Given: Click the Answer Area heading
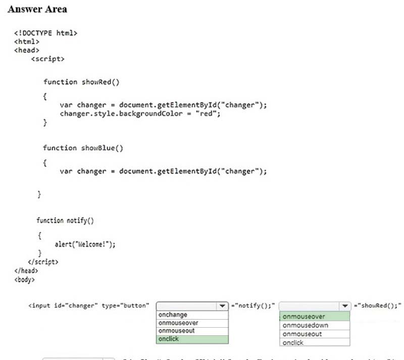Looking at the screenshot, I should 37,10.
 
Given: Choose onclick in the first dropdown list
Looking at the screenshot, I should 169,339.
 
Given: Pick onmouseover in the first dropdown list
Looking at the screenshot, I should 178,323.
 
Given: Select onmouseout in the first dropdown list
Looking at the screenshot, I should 176,331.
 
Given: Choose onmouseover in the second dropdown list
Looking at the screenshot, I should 304,317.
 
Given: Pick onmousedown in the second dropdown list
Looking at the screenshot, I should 306,326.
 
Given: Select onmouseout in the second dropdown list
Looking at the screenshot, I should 302,334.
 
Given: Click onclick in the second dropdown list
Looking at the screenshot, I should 293,343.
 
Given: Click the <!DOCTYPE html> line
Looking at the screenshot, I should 45,33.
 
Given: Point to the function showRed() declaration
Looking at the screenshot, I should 81,82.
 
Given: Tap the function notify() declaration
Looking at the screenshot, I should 65,221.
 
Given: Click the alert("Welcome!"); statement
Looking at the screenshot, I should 85,245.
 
